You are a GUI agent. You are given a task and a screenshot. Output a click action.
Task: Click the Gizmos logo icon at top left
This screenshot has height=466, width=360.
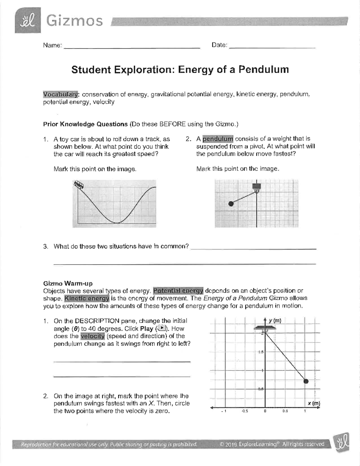coord(28,20)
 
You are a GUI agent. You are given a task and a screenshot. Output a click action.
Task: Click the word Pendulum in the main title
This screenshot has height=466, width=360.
coord(264,70)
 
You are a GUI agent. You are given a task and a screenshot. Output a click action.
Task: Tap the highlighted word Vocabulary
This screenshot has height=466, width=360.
coord(61,94)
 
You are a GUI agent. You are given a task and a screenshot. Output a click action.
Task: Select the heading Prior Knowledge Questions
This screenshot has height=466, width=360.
coord(85,124)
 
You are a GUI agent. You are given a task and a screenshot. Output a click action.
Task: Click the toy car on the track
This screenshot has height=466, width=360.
coord(79,185)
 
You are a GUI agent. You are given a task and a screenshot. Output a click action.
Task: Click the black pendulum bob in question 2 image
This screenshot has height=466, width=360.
coord(231,204)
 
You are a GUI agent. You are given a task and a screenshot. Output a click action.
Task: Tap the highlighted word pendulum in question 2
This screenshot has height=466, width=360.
coord(218,139)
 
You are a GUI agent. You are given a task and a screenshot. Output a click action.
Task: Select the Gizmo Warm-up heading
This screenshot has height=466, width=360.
coord(68,283)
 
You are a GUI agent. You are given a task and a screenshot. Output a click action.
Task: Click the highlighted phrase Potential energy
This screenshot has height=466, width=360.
coord(178,291)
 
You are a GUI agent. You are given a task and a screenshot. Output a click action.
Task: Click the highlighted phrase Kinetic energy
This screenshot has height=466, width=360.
coord(87,299)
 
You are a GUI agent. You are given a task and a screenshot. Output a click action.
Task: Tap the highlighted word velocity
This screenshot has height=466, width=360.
coord(92,336)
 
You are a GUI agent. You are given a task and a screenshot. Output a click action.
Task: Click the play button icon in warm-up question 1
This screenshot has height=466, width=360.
coord(162,328)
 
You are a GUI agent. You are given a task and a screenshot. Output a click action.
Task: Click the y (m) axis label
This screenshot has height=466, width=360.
coord(274,320)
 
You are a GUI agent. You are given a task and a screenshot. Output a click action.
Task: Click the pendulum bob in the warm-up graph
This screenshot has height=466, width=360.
coord(306,381)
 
